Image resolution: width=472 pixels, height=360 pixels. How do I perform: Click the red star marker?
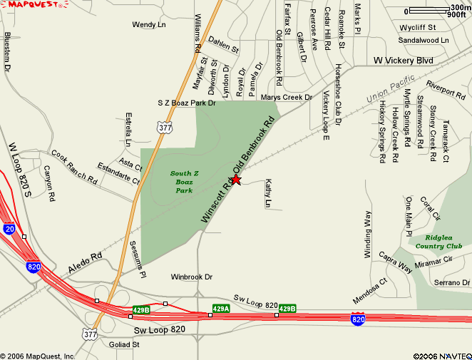[x=236, y=180]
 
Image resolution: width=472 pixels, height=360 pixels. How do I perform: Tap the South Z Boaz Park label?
[x=185, y=182]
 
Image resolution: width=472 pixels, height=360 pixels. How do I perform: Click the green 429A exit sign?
[x=220, y=309]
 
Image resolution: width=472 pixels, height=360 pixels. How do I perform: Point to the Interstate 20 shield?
[x=9, y=229]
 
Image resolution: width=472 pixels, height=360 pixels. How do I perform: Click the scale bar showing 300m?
[x=438, y=11]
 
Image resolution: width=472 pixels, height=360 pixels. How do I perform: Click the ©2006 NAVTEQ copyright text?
[x=440, y=355]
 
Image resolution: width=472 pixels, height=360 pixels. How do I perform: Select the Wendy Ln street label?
[x=149, y=25]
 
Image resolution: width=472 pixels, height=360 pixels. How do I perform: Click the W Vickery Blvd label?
[x=404, y=61]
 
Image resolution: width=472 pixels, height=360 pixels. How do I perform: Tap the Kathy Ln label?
[x=269, y=193]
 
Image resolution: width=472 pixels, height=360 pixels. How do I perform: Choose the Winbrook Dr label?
[x=193, y=277]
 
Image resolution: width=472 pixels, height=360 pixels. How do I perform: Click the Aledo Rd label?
[x=86, y=262]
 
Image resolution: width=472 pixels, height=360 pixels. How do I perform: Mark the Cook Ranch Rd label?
[x=73, y=166]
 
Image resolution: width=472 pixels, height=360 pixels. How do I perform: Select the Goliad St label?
[x=125, y=344]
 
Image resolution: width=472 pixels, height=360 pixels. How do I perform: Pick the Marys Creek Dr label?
[x=287, y=97]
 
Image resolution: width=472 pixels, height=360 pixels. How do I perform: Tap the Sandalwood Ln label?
[x=424, y=41]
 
